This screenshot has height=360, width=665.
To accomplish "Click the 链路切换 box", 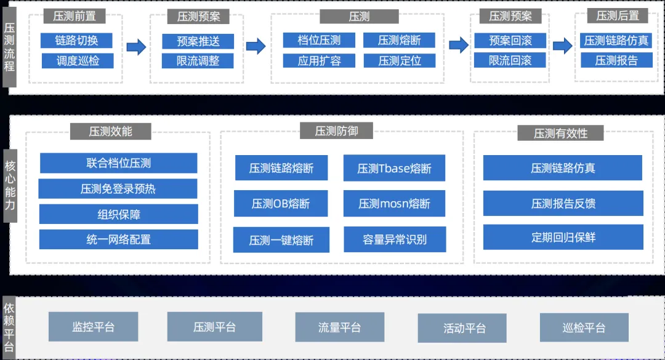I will [x=76, y=41].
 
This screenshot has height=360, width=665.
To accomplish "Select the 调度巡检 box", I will [x=77, y=61].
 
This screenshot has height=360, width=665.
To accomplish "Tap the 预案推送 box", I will [x=198, y=41].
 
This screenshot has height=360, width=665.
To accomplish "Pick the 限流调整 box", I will [x=198, y=61].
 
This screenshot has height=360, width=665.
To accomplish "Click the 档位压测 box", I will [x=319, y=41].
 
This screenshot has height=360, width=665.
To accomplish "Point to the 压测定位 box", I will [x=399, y=60].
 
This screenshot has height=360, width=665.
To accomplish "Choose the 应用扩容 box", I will [x=319, y=60].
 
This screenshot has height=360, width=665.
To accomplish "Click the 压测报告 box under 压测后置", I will [x=616, y=60].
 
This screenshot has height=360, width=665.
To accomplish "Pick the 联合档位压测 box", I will [x=119, y=163].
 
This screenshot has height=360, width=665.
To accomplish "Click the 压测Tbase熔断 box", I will [x=394, y=168].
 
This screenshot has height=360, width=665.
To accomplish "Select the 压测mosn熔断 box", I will [x=394, y=204].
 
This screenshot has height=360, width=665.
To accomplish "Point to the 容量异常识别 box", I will [x=395, y=239].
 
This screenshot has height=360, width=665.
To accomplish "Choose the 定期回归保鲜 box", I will [x=563, y=238].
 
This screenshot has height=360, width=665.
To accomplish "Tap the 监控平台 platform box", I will [x=93, y=327].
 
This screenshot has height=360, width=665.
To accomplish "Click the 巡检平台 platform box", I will [x=584, y=327].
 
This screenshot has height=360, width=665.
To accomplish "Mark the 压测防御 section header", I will [x=336, y=130].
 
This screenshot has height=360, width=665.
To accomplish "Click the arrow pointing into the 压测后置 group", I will [x=562, y=46].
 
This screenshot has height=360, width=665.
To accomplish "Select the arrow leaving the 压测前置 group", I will [x=136, y=47].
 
